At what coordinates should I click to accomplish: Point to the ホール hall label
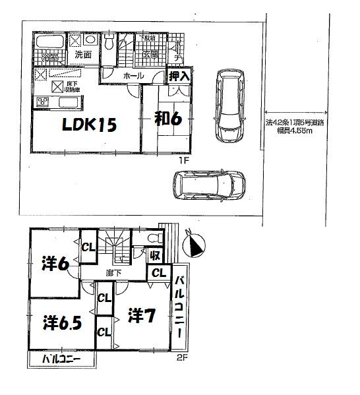pyautogui.click(x=134, y=76)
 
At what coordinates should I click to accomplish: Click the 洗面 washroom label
pyautogui.click(x=82, y=55)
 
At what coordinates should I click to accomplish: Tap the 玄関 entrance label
pyautogui.click(x=151, y=55)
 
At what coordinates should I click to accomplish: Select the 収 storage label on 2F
pyautogui.click(x=155, y=255)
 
